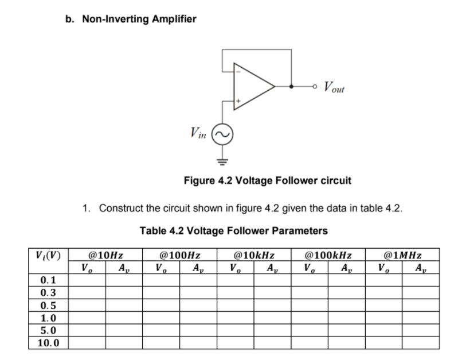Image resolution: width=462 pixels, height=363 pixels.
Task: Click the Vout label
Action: (x=334, y=87)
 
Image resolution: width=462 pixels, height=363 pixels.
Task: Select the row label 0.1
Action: (x=48, y=280)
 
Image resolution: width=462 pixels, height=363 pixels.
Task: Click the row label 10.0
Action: (x=48, y=343)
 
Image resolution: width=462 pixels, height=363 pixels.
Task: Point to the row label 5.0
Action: (x=48, y=330)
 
